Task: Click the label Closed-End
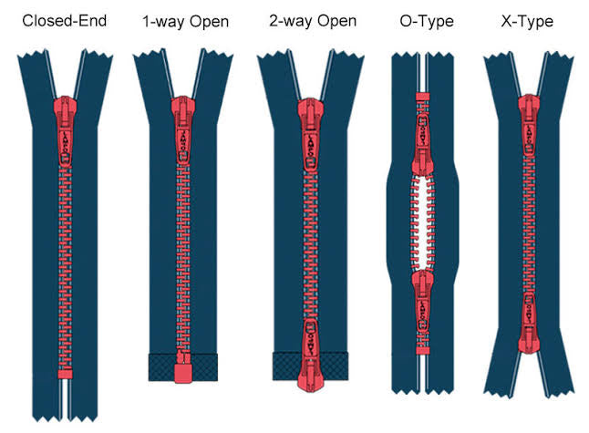[63, 20]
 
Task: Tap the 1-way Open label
[185, 20]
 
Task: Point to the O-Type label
[425, 20]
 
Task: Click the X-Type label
[528, 20]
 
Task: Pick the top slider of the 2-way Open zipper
[308, 136]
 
